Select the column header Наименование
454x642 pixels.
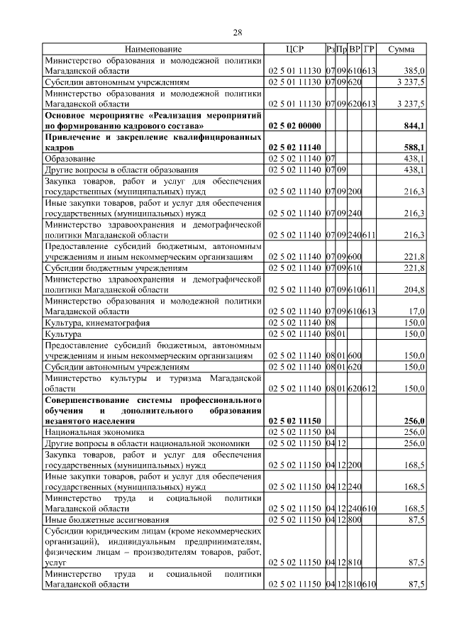[x=153, y=49]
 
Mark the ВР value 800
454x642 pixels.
[x=355, y=520]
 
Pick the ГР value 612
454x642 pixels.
[x=369, y=388]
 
